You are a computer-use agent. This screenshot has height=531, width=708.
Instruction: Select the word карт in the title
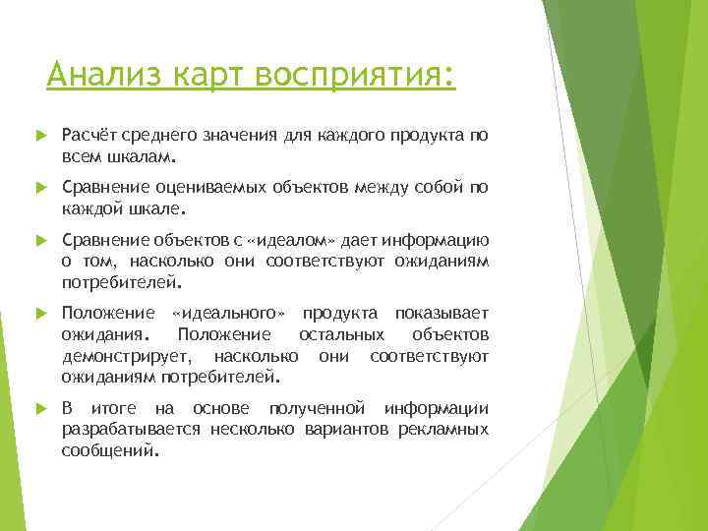[x=205, y=75]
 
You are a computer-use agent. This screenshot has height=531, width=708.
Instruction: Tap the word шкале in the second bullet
[x=155, y=208]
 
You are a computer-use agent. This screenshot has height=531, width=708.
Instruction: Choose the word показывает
[x=442, y=314]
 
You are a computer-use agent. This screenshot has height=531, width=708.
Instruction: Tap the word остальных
[x=336, y=335]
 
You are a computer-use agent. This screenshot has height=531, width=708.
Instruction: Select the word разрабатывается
[x=132, y=430]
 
